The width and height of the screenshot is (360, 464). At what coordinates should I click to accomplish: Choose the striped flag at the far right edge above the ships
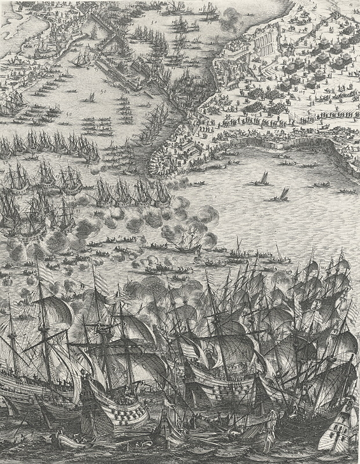click(x=349, y=312)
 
